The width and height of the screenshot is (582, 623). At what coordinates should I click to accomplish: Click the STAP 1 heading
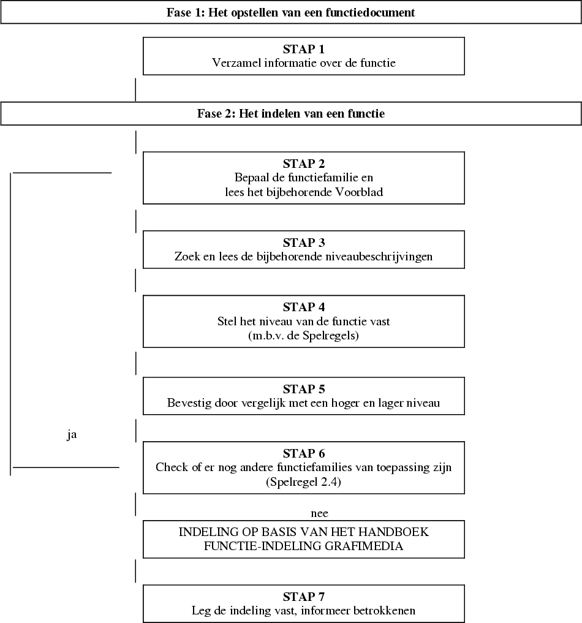[x=304, y=50]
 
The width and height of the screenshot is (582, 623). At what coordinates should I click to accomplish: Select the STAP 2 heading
[x=304, y=164]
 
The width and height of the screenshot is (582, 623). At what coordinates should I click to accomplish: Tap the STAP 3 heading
[x=304, y=243]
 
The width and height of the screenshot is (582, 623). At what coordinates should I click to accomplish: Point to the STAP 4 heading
[x=304, y=307]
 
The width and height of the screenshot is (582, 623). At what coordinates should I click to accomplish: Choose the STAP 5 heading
[x=304, y=389]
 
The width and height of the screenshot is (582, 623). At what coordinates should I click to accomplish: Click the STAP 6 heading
[x=304, y=453]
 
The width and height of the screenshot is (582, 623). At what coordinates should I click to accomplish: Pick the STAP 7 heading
[x=304, y=597]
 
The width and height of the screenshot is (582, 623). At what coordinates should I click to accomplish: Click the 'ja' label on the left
[x=72, y=436]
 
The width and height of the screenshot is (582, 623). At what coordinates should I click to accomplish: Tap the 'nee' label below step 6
[x=320, y=513]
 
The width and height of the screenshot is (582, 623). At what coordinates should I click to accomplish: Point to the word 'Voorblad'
[x=361, y=192]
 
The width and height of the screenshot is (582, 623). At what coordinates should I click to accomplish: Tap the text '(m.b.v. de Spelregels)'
[x=304, y=335]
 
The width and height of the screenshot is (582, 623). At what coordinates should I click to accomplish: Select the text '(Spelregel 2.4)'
[x=304, y=482]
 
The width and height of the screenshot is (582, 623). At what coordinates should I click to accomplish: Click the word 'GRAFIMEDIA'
[x=369, y=546]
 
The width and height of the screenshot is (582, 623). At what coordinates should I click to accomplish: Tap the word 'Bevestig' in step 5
[x=188, y=403]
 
